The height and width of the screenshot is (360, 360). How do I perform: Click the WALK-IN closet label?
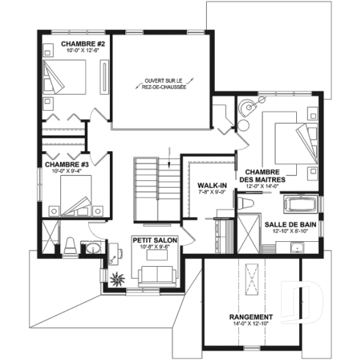tap(210, 185)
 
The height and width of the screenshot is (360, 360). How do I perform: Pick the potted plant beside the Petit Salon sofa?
tap(117, 278)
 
